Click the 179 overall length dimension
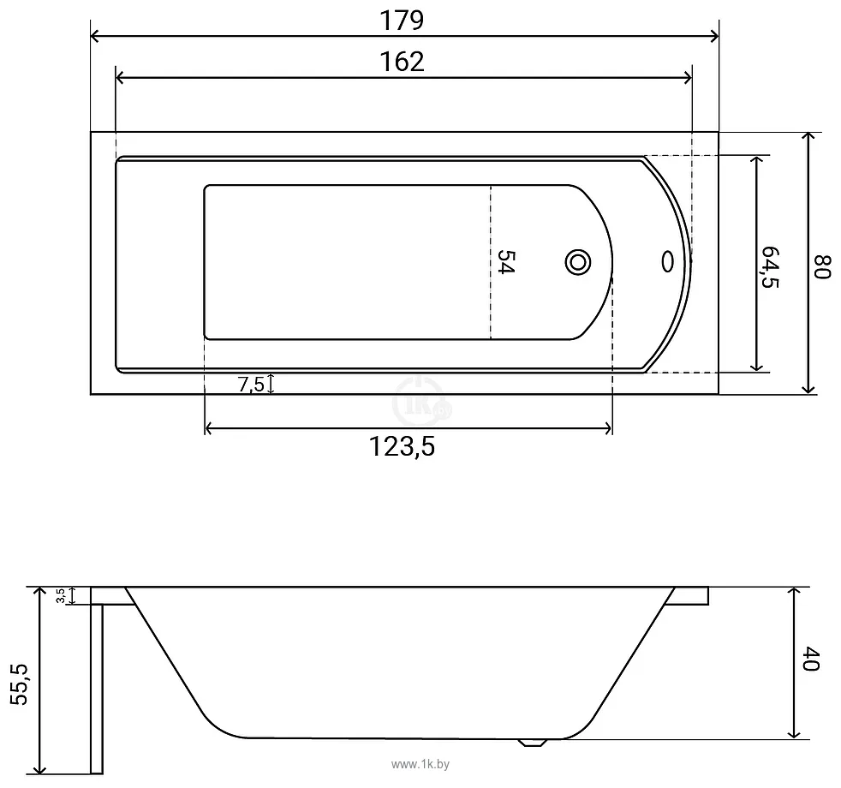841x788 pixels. (402, 21)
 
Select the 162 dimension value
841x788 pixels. (402, 63)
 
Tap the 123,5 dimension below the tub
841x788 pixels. (402, 446)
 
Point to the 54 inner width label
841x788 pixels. (504, 262)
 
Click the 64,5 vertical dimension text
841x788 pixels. (770, 266)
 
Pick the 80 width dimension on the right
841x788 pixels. (823, 266)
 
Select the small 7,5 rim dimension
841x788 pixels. (251, 384)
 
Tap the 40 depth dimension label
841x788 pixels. (810, 659)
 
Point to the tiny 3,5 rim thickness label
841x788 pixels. (61, 596)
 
